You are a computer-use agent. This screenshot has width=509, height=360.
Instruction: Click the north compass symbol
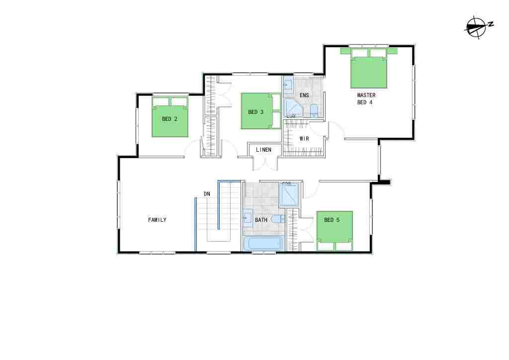pos(478,27)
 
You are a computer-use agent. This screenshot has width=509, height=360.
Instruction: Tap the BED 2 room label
pos(170,119)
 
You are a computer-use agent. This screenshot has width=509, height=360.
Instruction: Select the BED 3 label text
pos(255,112)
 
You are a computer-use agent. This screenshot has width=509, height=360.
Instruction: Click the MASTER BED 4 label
pos(366,98)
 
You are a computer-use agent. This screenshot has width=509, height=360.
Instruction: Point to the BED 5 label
pos(332,220)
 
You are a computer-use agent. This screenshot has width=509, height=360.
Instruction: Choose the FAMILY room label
pos(157,220)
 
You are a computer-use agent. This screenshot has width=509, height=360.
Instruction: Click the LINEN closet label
pos(263,150)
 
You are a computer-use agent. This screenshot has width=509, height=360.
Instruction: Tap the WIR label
pos(304,139)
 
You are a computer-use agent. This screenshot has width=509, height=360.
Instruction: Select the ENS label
pos(304,95)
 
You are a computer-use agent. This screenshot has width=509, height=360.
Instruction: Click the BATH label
pos(261,220)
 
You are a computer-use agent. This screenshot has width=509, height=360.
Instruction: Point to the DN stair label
pos(207,194)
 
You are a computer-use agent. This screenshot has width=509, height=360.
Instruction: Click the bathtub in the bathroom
pos(263,244)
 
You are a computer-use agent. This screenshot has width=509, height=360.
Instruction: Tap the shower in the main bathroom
pos(289,194)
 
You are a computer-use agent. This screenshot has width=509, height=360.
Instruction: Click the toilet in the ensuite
pos(314,111)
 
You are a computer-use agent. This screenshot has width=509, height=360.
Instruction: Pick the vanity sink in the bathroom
pos(248,217)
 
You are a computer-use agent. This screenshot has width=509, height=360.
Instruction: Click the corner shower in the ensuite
pos(293,108)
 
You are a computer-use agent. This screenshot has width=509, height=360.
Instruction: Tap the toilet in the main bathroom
pos(278,219)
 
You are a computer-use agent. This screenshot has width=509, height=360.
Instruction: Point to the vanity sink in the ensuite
pos(288,86)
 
